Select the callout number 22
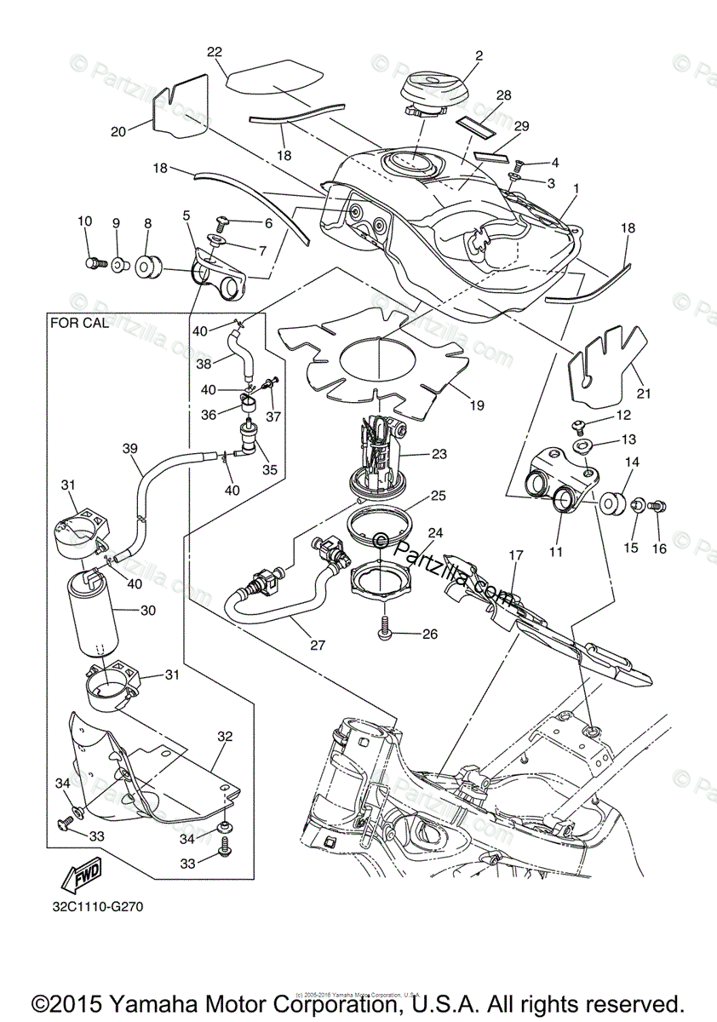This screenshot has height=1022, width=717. tap(215, 53)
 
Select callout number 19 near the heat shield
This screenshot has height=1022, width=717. tap(477, 405)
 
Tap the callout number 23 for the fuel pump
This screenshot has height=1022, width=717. tap(439, 454)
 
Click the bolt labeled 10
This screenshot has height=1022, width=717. tap(93, 263)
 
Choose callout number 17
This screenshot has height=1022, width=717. tap(515, 556)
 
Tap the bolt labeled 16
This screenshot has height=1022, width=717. tap(657, 507)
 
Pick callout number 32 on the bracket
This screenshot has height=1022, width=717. tap(225, 735)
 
